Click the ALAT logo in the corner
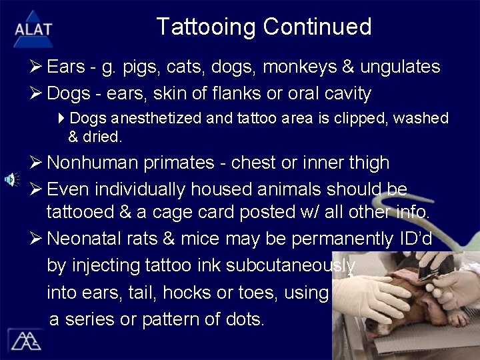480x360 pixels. click(x=32, y=28)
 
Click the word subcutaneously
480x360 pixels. click(x=291, y=265)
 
